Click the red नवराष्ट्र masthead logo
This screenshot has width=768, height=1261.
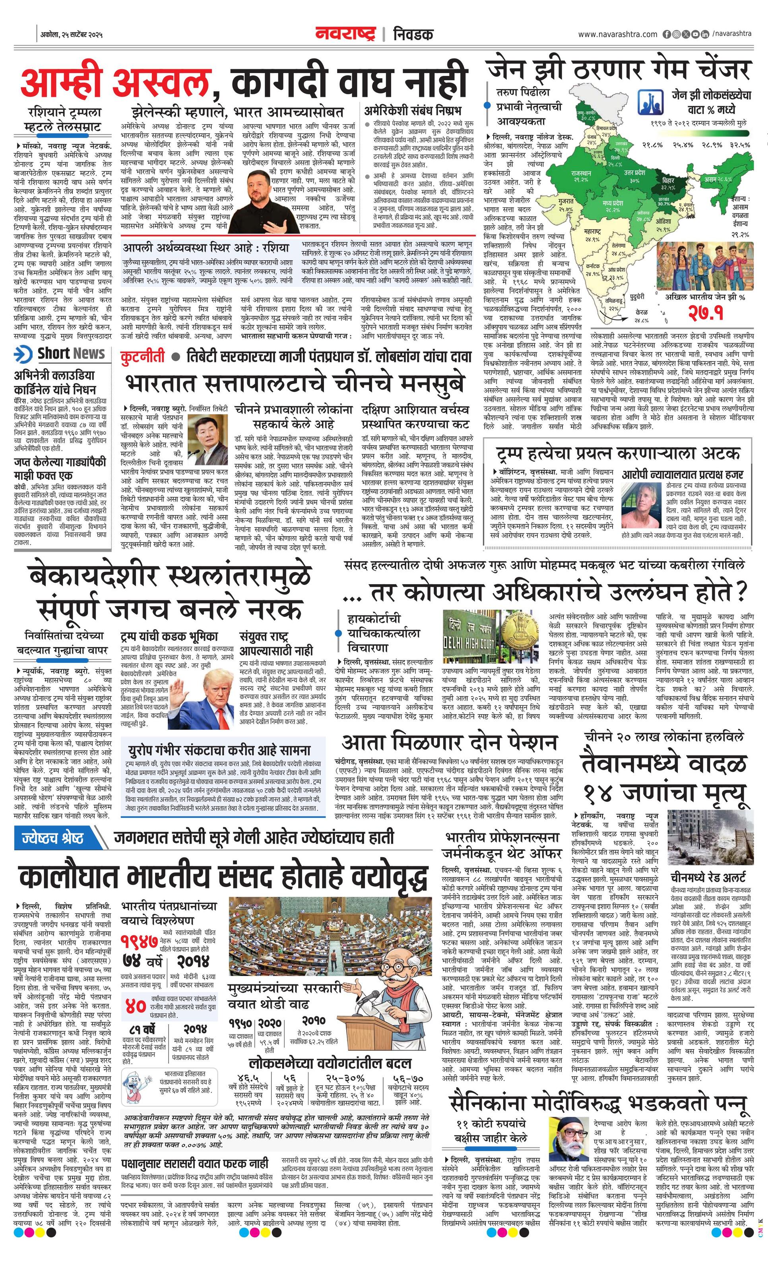pyautogui.click(x=345, y=34)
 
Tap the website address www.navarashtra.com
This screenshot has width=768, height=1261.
pyautogui.click(x=617, y=34)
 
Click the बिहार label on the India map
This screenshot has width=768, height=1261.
pyautogui.click(x=668, y=184)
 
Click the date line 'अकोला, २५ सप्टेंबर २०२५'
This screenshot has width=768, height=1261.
pyautogui.click(x=72, y=35)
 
